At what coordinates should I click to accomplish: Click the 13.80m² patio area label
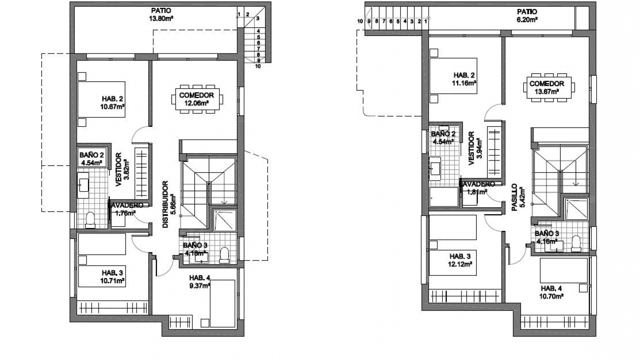pyautogui.click(x=161, y=15)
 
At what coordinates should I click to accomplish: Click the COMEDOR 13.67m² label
pyautogui.click(x=547, y=87)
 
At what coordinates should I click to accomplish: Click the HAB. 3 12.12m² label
pyautogui.click(x=460, y=260)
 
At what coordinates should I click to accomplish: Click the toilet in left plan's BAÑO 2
pyautogui.click(x=90, y=220)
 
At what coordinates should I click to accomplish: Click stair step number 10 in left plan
pyautogui.click(x=258, y=66)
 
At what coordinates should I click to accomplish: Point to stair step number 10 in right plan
pyautogui.click(x=360, y=21)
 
